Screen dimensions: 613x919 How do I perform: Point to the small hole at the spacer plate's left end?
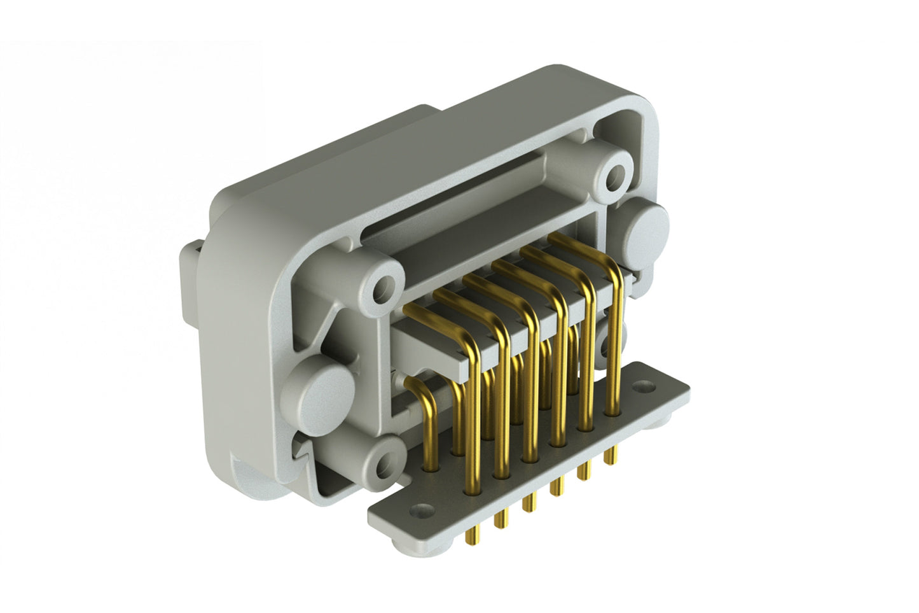(420, 510)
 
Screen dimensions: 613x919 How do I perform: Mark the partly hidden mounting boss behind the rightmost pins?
(626, 331)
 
